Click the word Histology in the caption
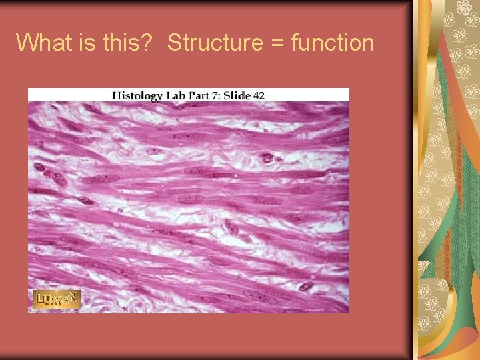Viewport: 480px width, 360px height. [137, 95]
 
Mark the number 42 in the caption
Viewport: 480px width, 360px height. [259, 95]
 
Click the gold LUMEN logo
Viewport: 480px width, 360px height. [57, 299]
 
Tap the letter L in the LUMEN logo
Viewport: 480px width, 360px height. [40, 299]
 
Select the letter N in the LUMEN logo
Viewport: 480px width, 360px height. [74, 297]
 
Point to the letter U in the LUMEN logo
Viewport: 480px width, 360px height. [48, 301]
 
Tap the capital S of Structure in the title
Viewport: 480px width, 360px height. [175, 43]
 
